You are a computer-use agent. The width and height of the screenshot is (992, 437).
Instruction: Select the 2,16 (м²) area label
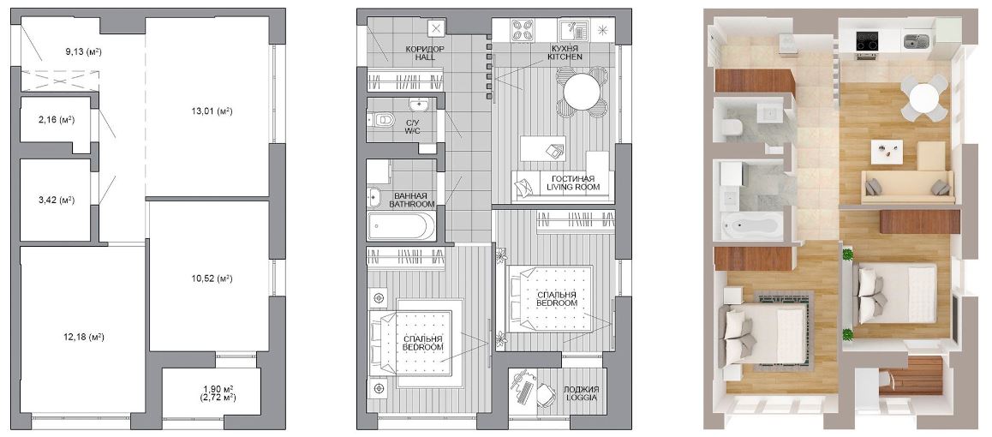54,119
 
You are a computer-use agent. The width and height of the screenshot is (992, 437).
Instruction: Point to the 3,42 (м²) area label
54,201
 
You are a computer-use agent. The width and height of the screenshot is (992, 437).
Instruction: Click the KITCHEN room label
565,57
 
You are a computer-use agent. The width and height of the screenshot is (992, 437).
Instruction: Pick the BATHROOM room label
412,204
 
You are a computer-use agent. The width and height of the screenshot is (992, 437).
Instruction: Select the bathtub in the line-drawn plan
401,225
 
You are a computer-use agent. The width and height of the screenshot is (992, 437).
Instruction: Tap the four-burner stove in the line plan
524,29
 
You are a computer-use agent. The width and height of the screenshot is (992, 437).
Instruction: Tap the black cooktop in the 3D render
867,41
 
